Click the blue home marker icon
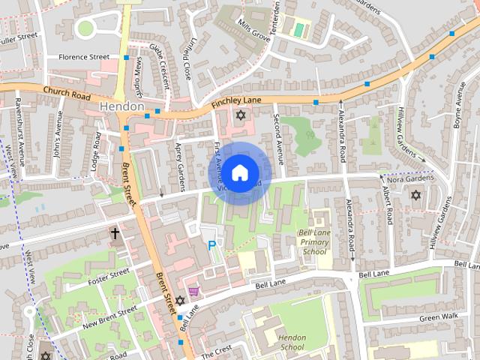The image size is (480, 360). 239,173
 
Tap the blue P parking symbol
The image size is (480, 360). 211,245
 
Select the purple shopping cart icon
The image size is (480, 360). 193,292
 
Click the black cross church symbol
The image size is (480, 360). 115,234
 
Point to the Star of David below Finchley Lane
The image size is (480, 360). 240,115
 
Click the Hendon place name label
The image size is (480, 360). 121,106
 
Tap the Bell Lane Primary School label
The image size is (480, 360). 314,241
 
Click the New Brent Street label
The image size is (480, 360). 109,314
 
